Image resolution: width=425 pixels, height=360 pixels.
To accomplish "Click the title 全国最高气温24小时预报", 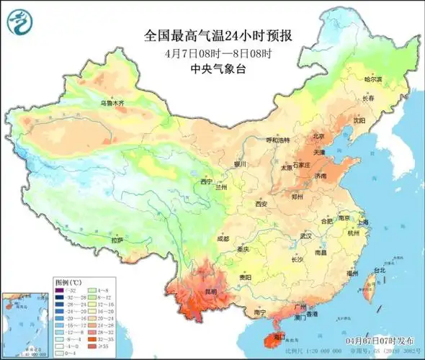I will tap(222, 35).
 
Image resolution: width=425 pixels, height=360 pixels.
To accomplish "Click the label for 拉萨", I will tap(117, 239).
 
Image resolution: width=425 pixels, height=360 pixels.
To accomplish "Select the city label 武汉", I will tap(305, 235).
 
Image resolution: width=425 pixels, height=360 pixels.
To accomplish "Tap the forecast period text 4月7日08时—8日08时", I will tap(221, 53).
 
